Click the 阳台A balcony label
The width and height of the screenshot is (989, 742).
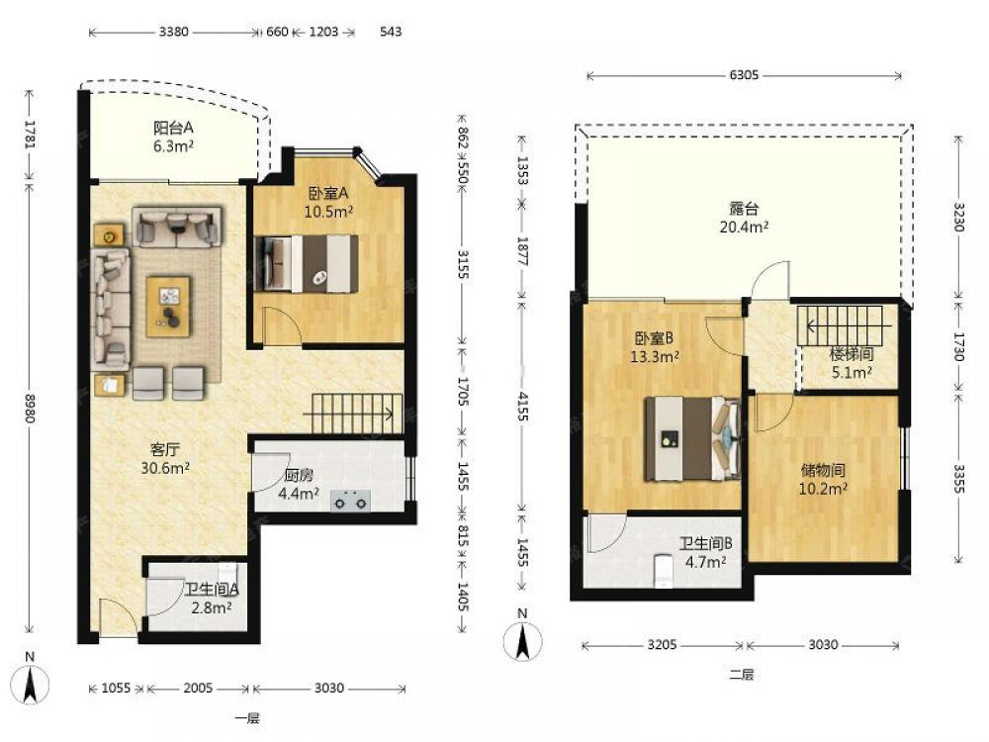[173, 128]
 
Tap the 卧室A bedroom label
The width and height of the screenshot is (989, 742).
[328, 194]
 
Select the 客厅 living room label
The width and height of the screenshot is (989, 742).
[165, 450]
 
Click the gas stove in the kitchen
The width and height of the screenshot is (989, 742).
[351, 501]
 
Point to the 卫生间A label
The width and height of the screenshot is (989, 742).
[212, 590]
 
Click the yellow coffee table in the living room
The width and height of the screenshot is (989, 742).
[168, 307]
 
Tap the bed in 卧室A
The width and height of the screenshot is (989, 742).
[306, 264]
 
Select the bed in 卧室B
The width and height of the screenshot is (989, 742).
[692, 438]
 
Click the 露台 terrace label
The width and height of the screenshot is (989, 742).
[744, 208]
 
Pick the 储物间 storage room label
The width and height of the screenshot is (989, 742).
[823, 470]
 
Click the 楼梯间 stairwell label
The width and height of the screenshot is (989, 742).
[852, 354]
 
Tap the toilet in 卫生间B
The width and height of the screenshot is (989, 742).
[664, 570]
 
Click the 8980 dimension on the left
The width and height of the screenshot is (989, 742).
[30, 409]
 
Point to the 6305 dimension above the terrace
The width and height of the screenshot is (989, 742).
[744, 75]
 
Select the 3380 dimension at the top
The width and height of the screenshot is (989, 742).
[173, 32]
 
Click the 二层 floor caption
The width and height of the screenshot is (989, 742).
[742, 675]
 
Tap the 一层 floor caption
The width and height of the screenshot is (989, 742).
[247, 718]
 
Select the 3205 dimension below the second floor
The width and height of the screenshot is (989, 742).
[663, 645]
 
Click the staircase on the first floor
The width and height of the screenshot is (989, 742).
[356, 414]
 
